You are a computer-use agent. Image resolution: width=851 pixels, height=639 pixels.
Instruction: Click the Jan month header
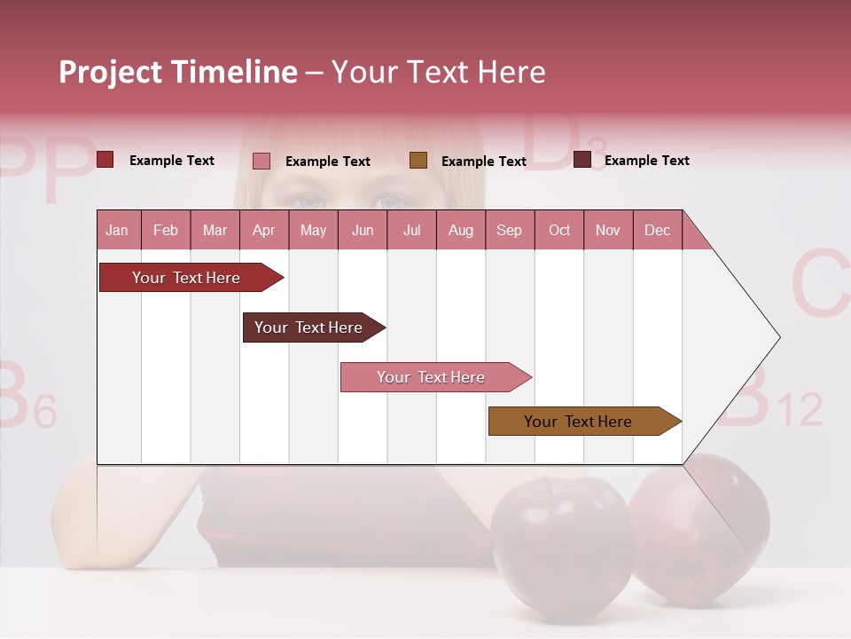(x=117, y=230)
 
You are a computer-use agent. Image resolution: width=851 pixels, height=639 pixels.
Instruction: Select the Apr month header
(x=263, y=230)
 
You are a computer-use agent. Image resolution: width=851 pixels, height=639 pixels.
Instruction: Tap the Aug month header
(x=460, y=230)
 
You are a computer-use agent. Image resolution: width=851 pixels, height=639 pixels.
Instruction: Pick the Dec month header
(x=657, y=230)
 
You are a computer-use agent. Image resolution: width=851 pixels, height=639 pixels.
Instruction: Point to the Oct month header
(x=559, y=230)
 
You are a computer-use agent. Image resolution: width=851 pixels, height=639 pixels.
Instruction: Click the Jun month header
(x=362, y=230)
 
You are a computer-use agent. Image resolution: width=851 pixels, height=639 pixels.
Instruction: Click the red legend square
(x=105, y=160)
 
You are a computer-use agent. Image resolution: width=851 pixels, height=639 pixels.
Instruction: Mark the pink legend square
(x=262, y=161)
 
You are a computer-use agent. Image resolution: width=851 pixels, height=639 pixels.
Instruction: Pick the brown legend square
(x=418, y=161)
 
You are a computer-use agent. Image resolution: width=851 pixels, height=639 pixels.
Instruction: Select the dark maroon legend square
(x=582, y=160)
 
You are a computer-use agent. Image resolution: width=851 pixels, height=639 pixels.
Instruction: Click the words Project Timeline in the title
(x=177, y=72)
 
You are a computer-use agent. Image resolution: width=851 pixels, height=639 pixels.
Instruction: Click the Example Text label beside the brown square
(x=483, y=161)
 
